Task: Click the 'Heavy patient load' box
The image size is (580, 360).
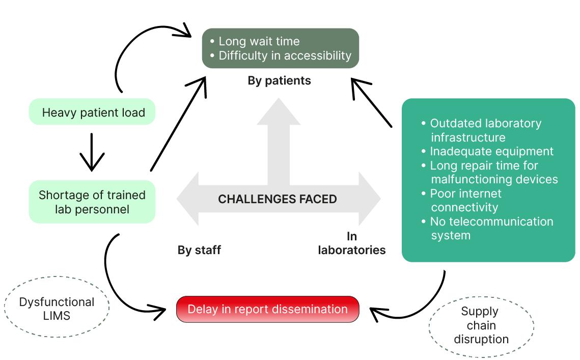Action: (x=93, y=113)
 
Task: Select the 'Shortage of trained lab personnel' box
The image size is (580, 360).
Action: (x=92, y=202)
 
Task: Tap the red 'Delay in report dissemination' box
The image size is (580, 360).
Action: (x=267, y=309)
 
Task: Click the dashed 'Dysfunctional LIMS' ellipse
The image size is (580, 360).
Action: (x=57, y=309)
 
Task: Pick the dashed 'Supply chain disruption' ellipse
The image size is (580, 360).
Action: (x=481, y=325)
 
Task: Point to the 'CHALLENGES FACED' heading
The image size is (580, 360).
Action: (x=278, y=199)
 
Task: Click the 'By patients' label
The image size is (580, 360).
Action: (x=279, y=80)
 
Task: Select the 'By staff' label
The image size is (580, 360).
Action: (x=199, y=250)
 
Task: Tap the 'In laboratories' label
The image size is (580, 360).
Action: (x=351, y=243)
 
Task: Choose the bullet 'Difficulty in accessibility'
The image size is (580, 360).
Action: (x=285, y=56)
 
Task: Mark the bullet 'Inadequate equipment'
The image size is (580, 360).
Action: (x=491, y=151)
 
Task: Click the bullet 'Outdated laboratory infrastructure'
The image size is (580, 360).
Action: (x=485, y=130)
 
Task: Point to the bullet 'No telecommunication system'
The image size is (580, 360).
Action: (x=491, y=228)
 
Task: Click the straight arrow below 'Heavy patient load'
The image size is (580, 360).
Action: (x=92, y=152)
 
